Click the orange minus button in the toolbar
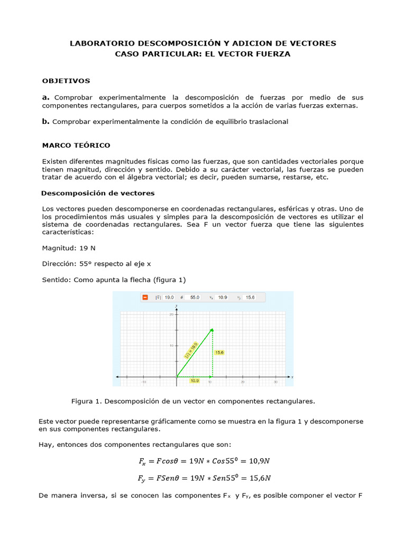tap(145, 297)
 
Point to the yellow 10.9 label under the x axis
tap(195, 381)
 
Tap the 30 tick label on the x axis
tap(275, 382)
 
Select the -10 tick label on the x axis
tap(143, 382)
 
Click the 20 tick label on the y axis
tap(171, 314)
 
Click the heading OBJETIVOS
tap(66, 81)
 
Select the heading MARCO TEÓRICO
tap(76, 145)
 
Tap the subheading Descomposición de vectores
tap(98, 193)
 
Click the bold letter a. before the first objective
tap(46, 97)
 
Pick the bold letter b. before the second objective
tap(46, 121)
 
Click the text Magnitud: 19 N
tap(69, 248)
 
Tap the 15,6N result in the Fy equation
tap(257, 478)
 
